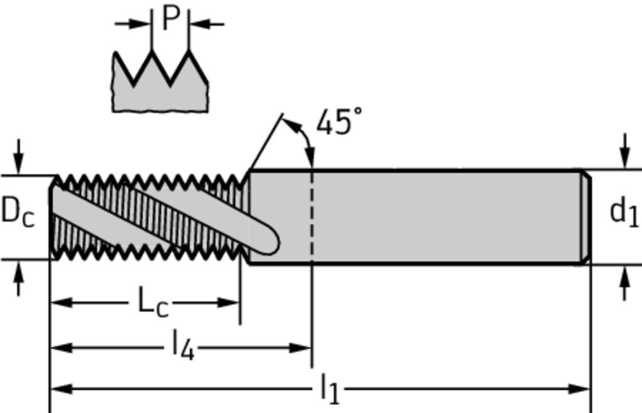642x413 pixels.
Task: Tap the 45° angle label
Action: [x=339, y=122]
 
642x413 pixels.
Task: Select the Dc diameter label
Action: [x=18, y=212]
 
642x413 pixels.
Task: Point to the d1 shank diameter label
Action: [x=624, y=212]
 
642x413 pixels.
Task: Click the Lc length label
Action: [x=153, y=303]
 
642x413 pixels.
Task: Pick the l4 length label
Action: [x=183, y=346]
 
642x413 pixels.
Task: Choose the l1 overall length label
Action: [x=329, y=389]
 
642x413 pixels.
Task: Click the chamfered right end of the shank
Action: [x=585, y=217]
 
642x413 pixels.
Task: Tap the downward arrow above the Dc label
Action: [x=19, y=163]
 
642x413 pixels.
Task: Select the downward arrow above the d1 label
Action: [x=624, y=157]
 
